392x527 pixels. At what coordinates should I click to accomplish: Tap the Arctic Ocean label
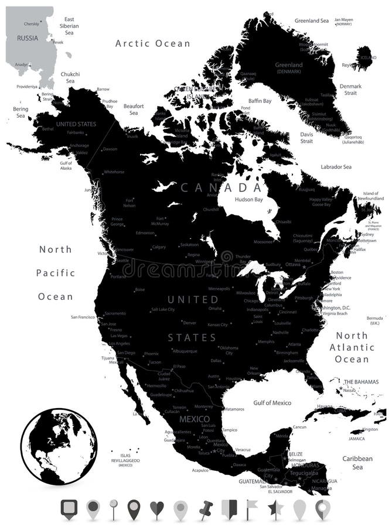click(153, 43)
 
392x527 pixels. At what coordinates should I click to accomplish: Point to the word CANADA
click(221, 187)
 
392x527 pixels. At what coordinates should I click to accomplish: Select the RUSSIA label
click(27, 38)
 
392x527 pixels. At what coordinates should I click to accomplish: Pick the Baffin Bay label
click(260, 101)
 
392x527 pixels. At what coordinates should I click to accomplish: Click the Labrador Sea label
click(336, 167)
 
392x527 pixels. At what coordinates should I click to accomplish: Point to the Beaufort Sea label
click(134, 109)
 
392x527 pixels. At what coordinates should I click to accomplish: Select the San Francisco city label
click(83, 317)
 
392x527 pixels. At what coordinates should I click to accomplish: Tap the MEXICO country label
click(194, 419)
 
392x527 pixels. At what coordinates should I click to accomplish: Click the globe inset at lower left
click(59, 446)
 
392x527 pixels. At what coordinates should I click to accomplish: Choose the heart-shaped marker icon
click(156, 509)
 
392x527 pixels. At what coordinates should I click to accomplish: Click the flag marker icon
click(251, 509)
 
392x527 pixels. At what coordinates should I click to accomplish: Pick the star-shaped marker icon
click(275, 509)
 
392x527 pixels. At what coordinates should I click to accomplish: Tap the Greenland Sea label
click(312, 20)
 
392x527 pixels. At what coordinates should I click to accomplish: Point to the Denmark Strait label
click(350, 90)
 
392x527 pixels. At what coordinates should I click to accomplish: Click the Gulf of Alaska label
click(66, 165)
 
